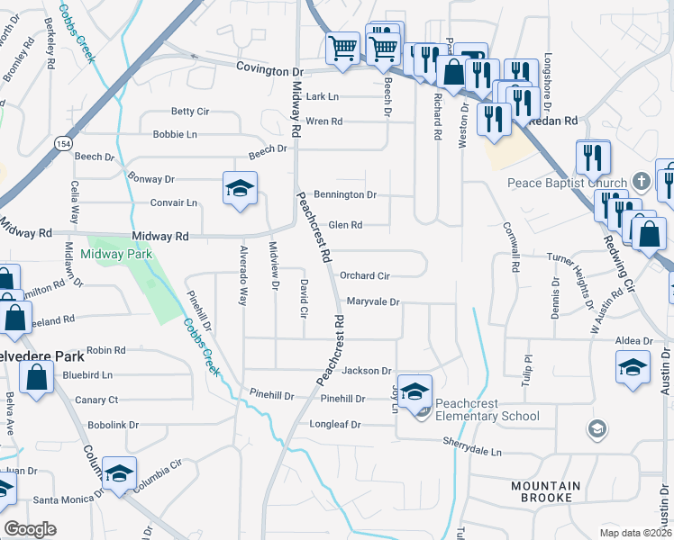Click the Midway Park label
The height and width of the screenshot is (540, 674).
pos(116,254)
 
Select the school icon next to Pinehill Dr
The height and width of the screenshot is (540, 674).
pos(414,391)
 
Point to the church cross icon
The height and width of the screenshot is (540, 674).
pos(641,180)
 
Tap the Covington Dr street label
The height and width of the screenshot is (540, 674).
pos(271,69)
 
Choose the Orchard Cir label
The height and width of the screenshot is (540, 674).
pos(365,275)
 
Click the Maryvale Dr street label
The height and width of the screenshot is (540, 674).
pos(372,301)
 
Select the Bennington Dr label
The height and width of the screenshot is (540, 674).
pos(344,194)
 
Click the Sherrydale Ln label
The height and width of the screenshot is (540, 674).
pos(471,441)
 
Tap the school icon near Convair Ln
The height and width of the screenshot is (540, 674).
pos(239,189)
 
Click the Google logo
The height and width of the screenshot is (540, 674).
pos(30,529)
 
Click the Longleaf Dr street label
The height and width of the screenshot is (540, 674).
pos(337,424)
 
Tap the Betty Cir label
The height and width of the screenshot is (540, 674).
pos(189,112)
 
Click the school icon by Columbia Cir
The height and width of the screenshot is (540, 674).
pos(118,474)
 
